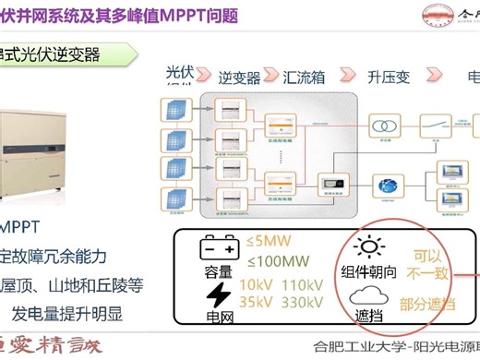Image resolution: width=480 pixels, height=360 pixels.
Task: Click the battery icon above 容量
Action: [x=220, y=249]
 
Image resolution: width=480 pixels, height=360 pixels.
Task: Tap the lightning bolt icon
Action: [x=219, y=294]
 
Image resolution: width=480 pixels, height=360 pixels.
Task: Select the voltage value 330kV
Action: [x=300, y=302]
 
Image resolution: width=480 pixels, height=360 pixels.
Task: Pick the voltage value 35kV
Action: [x=256, y=302]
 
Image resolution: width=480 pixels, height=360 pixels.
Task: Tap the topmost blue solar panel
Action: [x=175, y=110]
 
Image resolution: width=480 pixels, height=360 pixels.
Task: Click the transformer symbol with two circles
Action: [x=379, y=123]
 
